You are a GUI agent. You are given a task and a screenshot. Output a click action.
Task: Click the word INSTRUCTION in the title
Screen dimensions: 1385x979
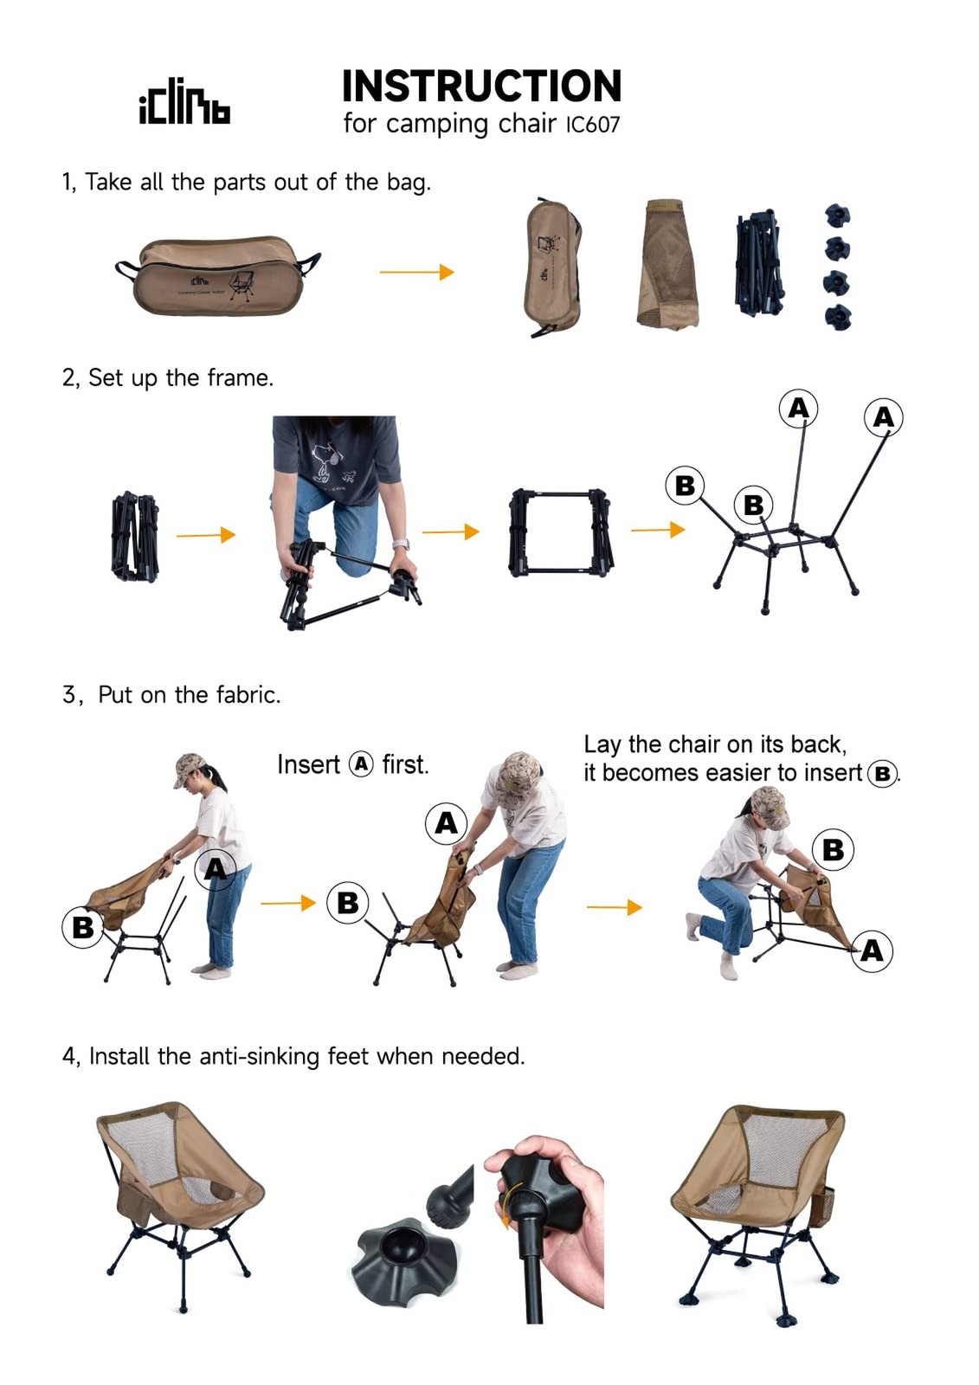click(x=481, y=87)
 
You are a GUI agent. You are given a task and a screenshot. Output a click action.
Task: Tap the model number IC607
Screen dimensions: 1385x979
click(x=593, y=125)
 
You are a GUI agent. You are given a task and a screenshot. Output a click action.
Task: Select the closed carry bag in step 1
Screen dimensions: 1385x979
click(x=218, y=277)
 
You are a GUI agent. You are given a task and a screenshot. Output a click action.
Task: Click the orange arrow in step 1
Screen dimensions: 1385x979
click(x=416, y=272)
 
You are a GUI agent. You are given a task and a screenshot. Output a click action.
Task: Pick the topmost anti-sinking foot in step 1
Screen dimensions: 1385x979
click(x=836, y=215)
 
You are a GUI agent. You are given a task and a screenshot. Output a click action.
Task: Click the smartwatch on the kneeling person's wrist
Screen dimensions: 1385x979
click(x=400, y=545)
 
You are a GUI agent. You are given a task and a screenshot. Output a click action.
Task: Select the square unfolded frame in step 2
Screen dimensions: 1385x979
click(x=562, y=531)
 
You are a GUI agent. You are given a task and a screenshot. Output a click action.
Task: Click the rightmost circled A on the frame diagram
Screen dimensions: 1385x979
click(x=883, y=417)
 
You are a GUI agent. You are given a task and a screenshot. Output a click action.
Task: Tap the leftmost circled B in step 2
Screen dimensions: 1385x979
click(x=685, y=486)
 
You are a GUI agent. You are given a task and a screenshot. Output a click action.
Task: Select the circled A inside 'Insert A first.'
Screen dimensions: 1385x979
click(x=361, y=764)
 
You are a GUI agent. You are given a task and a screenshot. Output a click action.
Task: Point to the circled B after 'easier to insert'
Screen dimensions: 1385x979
click(x=882, y=773)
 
